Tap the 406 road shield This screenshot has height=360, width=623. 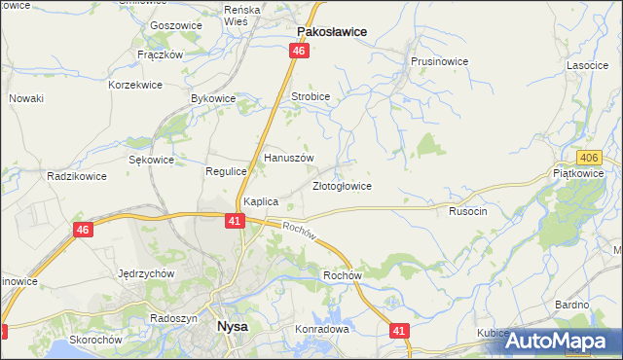tap(587, 158)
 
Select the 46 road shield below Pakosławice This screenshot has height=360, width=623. tap(299, 51)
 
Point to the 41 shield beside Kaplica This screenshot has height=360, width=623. tap(235, 221)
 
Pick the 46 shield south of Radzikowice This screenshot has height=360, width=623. tap(83, 230)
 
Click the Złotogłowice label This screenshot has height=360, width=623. tap(341, 185)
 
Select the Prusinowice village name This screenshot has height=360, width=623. tap(439, 61)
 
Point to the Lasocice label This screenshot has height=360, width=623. tap(587, 65)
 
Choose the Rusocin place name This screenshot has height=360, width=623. tap(467, 210)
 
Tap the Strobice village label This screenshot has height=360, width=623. tap(311, 97)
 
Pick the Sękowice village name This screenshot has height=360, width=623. tap(151, 160)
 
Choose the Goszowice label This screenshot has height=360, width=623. tap(175, 26)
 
